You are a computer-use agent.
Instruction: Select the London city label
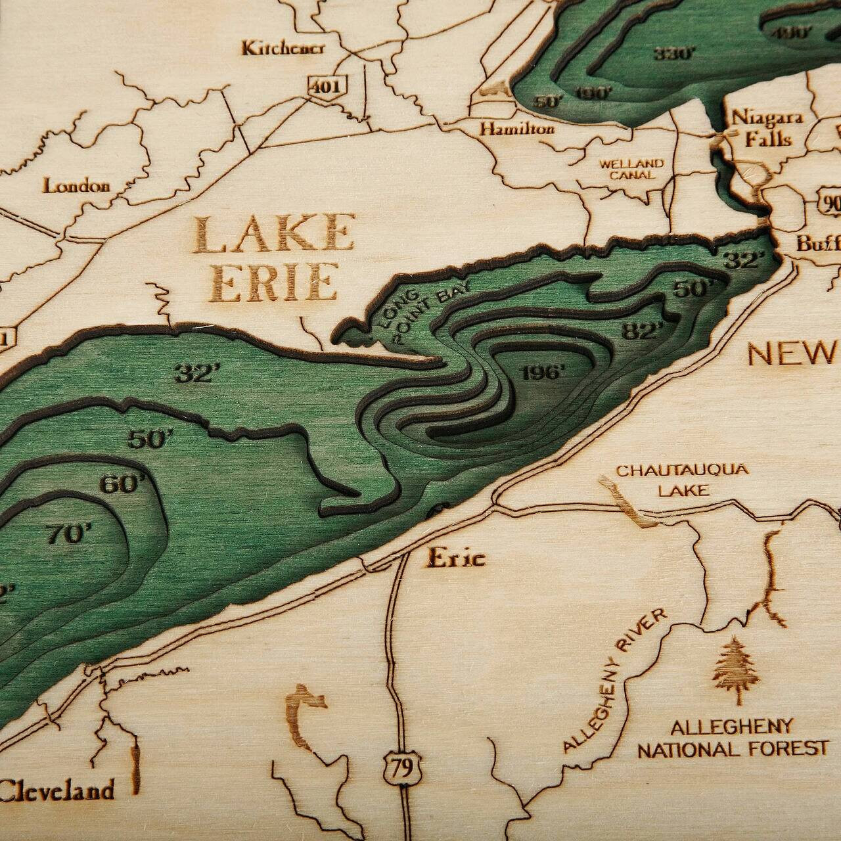[x=76, y=186]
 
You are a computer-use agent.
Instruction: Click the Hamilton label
[x=516, y=129]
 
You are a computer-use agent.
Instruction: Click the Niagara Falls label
[x=767, y=128]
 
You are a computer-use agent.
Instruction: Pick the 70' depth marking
[x=67, y=535]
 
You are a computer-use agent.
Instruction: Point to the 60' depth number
[x=122, y=485]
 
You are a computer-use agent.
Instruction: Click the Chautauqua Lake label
[x=682, y=479]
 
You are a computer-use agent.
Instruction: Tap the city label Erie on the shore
[x=456, y=558]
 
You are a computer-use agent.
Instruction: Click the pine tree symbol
[x=733, y=665]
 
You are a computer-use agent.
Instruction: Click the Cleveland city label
[x=58, y=790]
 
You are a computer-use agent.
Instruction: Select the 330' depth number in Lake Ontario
[x=674, y=53]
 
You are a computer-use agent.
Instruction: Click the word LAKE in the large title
[x=275, y=235]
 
